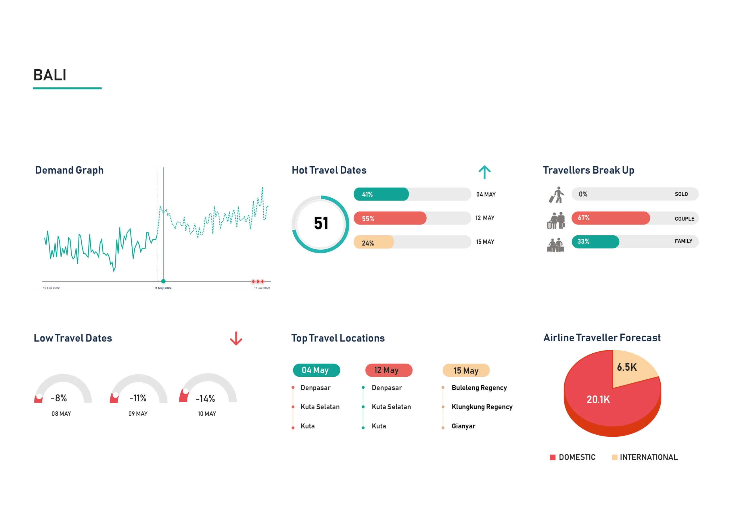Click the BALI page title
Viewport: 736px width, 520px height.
[50, 75]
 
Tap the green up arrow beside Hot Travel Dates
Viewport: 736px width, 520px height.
[484, 172]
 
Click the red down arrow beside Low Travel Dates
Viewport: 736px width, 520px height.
[236, 338]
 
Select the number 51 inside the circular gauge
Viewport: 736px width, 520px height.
[321, 223]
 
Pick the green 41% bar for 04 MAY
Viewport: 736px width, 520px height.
[381, 194]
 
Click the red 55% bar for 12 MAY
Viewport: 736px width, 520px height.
[390, 218]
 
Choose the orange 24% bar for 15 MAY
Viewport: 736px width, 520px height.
[373, 242]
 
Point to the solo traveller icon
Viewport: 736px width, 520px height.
[557, 195]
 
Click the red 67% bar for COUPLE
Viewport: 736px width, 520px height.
[610, 218]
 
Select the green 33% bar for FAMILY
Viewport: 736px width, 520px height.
[595, 242]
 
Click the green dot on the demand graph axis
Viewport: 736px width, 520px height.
[163, 281]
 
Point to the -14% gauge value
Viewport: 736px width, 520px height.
[205, 398]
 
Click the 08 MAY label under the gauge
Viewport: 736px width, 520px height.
[61, 414]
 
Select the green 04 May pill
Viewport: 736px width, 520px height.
[316, 370]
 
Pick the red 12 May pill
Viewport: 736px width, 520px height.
[388, 370]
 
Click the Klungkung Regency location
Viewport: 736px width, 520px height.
[482, 407]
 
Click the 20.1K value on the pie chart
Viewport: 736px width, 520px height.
[598, 400]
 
